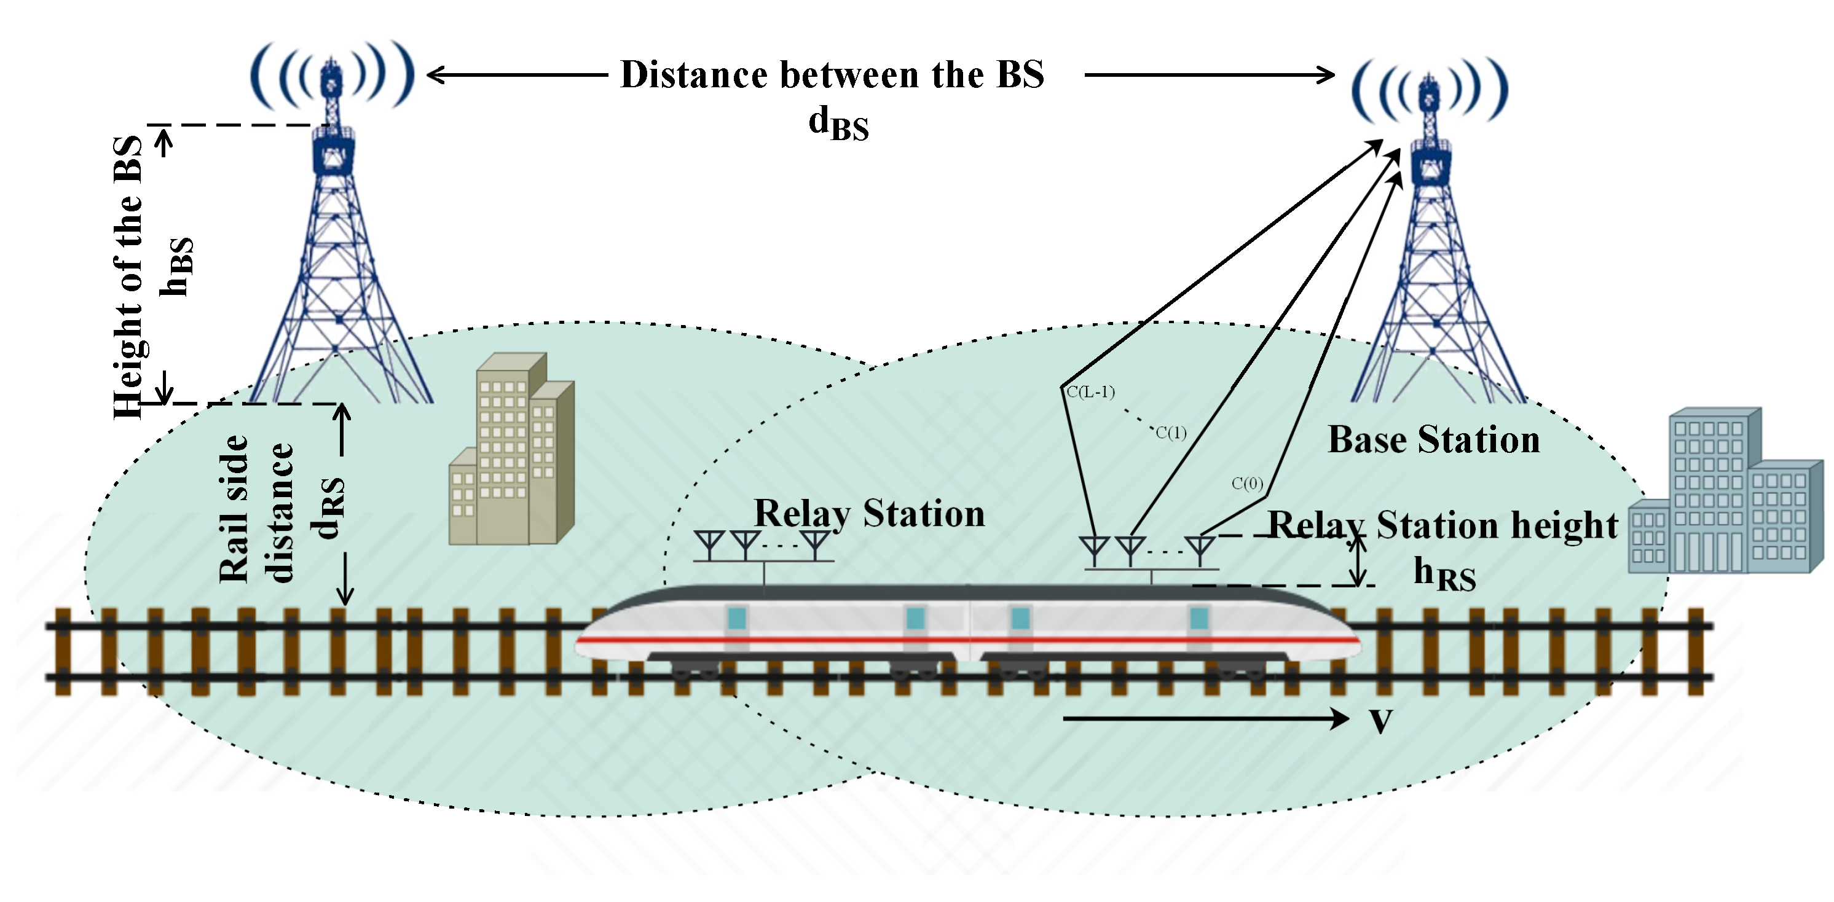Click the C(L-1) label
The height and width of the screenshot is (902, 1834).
(x=1090, y=391)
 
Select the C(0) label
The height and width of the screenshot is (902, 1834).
(x=1246, y=484)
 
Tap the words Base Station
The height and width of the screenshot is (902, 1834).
(x=1433, y=439)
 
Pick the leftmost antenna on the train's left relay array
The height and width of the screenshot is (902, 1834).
(x=709, y=544)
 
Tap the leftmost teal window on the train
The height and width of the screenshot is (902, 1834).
(x=737, y=618)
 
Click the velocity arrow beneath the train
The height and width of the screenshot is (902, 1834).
(x=1203, y=719)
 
